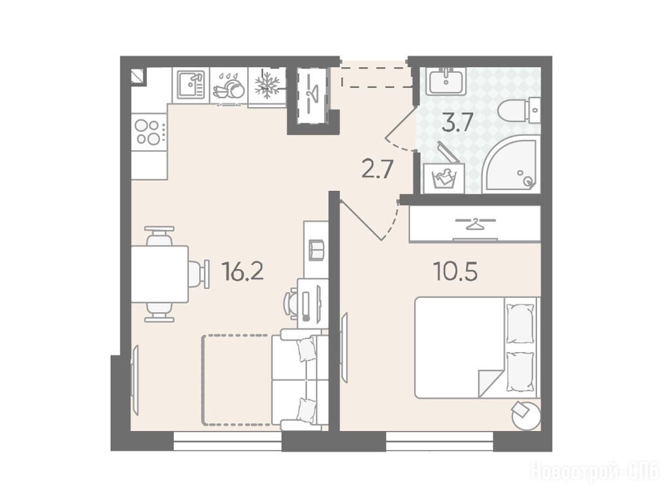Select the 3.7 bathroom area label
click(457, 123)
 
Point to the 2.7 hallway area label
click(377, 169)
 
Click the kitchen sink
click(191, 84)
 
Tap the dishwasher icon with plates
click(229, 86)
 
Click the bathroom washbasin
click(446, 81)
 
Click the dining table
click(160, 274)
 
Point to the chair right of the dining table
click(199, 274)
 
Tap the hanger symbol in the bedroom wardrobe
click(474, 222)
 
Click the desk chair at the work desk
click(292, 304)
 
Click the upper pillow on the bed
click(519, 324)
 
